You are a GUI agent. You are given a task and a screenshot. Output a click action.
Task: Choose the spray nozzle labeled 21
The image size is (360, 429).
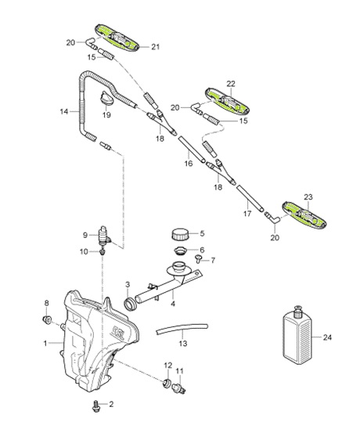[121, 39]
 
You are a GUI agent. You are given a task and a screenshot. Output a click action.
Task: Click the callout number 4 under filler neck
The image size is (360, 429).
[172, 304]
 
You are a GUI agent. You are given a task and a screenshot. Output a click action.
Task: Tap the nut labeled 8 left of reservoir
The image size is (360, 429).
[49, 321]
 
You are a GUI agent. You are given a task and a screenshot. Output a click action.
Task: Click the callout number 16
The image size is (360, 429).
[189, 165]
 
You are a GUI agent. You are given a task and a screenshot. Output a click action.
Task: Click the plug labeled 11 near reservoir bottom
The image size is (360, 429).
[181, 385]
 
